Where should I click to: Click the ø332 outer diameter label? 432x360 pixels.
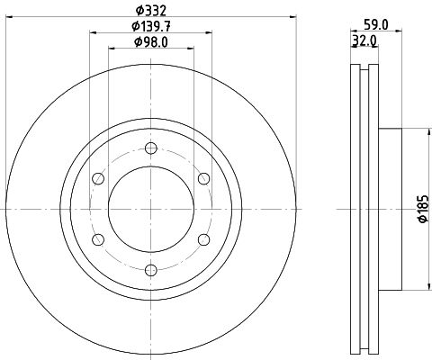(151, 11)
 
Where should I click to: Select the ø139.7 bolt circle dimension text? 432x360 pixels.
(151, 26)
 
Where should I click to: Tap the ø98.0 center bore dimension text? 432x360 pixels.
(151, 42)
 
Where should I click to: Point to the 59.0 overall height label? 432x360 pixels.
(376, 25)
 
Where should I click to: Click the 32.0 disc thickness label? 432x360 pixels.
(364, 40)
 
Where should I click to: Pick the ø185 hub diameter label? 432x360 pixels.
(423, 209)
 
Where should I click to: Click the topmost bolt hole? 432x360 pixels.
(150, 148)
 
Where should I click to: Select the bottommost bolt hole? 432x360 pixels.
(150, 270)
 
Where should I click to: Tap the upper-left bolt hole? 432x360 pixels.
(98, 179)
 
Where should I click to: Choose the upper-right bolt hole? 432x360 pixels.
(203, 179)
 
